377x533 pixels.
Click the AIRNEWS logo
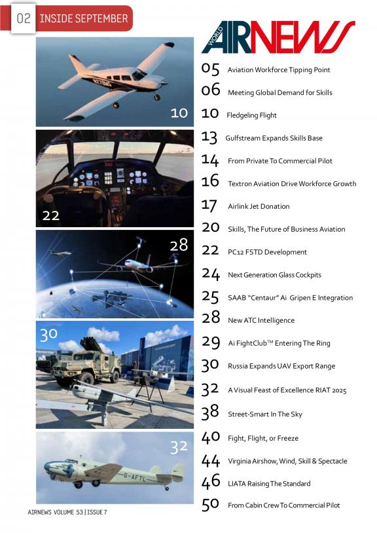tap(278, 37)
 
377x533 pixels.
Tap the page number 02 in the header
tap(24, 18)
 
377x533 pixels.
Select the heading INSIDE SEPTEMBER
tap(84, 18)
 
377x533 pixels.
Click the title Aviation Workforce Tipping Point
tap(279, 70)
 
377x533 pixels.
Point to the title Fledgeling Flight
tap(252, 115)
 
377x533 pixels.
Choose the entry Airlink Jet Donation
tap(259, 206)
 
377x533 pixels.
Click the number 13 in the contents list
tap(209, 138)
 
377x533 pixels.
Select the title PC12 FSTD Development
tap(267, 252)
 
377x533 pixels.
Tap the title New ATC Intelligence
tap(261, 320)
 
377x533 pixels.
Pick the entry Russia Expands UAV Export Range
tap(281, 366)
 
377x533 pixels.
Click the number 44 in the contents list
tap(211, 461)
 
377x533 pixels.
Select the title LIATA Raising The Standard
tap(269, 484)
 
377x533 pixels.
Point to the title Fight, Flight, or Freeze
tap(263, 438)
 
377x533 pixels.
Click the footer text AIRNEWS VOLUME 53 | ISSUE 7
tap(67, 512)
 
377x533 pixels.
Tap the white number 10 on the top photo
tap(179, 113)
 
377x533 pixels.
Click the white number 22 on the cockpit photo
tap(51, 215)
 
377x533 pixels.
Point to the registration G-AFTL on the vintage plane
tap(135, 477)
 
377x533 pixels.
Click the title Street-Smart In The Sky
tap(265, 414)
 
